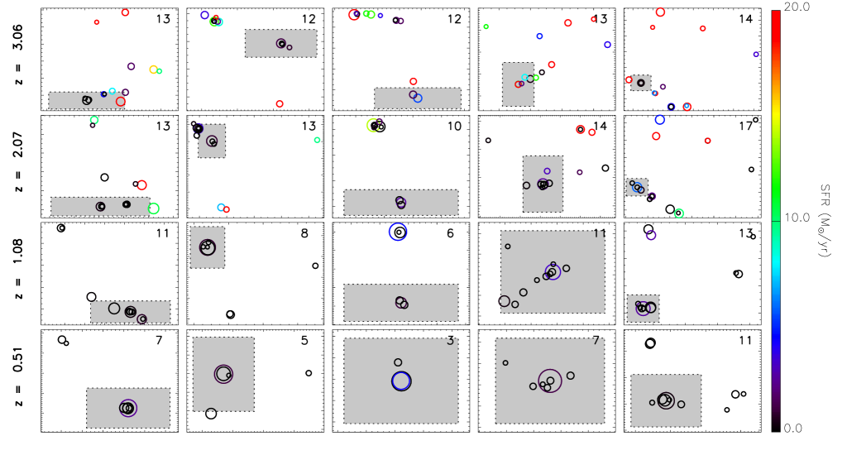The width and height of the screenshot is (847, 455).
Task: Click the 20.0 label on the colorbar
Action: (797, 7)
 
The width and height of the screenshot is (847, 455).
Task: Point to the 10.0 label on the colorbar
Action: (797, 218)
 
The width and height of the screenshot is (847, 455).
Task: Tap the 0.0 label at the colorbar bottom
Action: (792, 428)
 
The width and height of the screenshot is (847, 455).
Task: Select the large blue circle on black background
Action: (398, 232)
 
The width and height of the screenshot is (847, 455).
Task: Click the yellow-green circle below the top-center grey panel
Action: (373, 125)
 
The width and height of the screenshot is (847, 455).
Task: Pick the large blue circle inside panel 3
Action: (401, 381)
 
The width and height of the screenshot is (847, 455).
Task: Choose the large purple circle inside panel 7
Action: (550, 381)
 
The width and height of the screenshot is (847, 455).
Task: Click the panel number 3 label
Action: (450, 341)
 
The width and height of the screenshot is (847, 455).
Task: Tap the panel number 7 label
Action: (596, 341)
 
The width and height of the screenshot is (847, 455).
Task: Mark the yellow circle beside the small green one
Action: (153, 69)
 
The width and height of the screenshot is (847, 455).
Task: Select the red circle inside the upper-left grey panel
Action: (121, 102)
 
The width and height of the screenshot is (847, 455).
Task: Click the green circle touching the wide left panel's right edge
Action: (154, 208)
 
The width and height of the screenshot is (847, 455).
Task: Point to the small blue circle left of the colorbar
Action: (755, 55)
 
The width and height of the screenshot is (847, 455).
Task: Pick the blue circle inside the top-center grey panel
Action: (418, 98)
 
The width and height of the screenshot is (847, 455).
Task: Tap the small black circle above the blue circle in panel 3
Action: (398, 362)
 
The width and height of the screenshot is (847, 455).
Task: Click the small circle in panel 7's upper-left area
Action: (505, 362)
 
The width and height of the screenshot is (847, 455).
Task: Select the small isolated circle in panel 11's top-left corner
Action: (508, 246)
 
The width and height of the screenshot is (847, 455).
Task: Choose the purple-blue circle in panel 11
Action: (553, 272)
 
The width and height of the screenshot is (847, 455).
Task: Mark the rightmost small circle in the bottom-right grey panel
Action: (681, 405)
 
